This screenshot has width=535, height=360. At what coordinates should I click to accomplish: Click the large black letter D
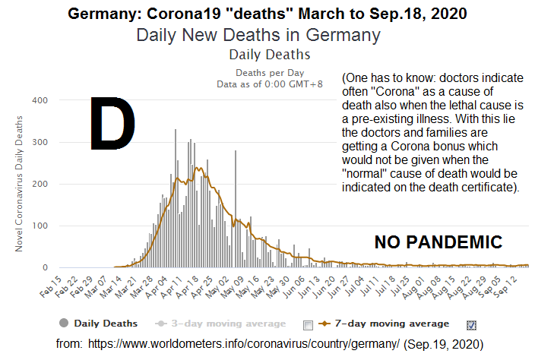pyautogui.click(x=112, y=122)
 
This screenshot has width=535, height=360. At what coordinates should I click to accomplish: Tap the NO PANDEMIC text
pyautogui.click(x=438, y=243)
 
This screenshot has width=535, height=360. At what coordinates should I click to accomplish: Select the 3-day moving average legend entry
pyautogui.click(x=221, y=324)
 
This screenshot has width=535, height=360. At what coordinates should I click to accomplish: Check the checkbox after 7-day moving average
pyautogui.click(x=471, y=325)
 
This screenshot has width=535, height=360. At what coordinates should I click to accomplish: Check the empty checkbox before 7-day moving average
pyautogui.click(x=308, y=325)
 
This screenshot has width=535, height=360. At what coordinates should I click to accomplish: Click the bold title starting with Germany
pyautogui.click(x=267, y=14)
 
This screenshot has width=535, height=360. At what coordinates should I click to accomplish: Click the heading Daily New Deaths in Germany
pyautogui.click(x=258, y=35)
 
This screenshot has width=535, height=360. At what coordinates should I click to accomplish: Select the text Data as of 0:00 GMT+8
pyautogui.click(x=269, y=84)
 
